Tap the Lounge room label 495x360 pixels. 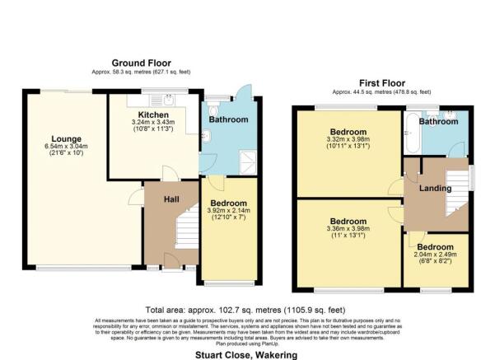(x=66, y=138)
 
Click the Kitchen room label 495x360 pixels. (x=153, y=115)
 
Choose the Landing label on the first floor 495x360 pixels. (x=436, y=189)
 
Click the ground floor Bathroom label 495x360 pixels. (x=228, y=119)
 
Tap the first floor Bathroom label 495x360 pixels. (x=438, y=122)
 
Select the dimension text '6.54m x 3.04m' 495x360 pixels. (x=66, y=148)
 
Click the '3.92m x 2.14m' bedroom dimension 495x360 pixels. (x=227, y=211)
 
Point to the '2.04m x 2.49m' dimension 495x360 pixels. (x=435, y=255)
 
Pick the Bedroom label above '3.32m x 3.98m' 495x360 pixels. (x=348, y=132)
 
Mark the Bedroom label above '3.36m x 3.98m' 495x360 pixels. (x=348, y=222)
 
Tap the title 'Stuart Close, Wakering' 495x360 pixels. (x=247, y=355)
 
